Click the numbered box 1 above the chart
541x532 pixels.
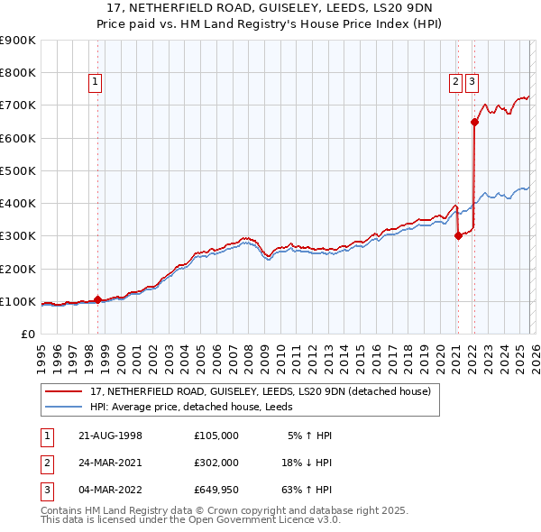point(96,82)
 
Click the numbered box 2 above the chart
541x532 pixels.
point(456,82)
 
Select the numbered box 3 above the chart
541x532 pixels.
point(472,82)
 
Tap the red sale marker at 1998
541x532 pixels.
point(97,299)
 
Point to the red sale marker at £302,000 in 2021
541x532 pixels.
point(458,235)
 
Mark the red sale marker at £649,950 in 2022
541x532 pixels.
point(473,122)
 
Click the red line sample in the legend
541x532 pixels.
point(65,391)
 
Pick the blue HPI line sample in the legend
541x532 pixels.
point(65,407)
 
